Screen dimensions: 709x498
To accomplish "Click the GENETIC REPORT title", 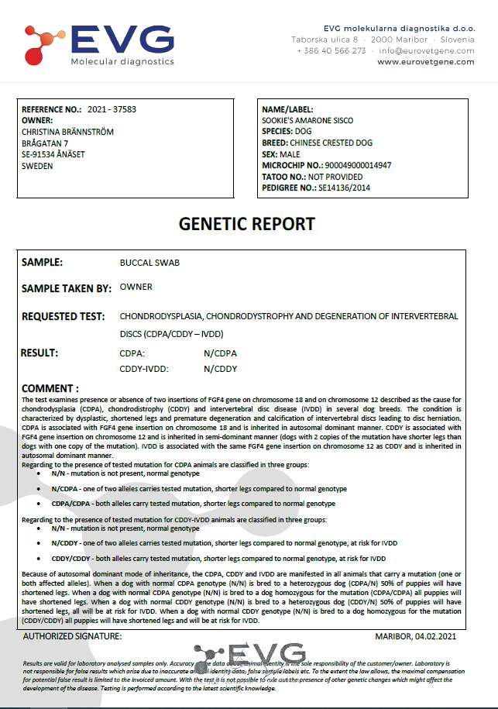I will tap(247, 224).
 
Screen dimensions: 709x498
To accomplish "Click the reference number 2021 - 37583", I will tap(112, 110).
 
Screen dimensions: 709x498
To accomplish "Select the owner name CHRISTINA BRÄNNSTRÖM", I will tap(68, 132).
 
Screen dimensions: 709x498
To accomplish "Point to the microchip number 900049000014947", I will tap(359, 165).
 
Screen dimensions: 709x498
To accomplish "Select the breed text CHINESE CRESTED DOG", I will tap(338, 143).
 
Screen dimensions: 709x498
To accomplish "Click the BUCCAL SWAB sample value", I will tap(149, 263).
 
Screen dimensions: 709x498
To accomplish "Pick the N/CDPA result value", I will tap(220, 353).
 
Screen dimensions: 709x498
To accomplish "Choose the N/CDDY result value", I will tap(220, 369).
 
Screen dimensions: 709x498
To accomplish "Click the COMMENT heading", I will tap(50, 387).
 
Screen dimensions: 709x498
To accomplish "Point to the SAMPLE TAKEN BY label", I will tap(67, 287).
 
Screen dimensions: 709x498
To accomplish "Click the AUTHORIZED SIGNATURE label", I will tap(72, 635).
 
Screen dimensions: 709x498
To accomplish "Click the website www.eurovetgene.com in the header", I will tap(426, 62).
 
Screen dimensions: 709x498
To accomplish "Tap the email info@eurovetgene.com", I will tap(427, 50).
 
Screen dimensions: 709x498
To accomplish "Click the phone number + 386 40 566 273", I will tap(331, 50).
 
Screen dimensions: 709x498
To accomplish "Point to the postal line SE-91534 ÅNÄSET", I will tap(53, 154).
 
